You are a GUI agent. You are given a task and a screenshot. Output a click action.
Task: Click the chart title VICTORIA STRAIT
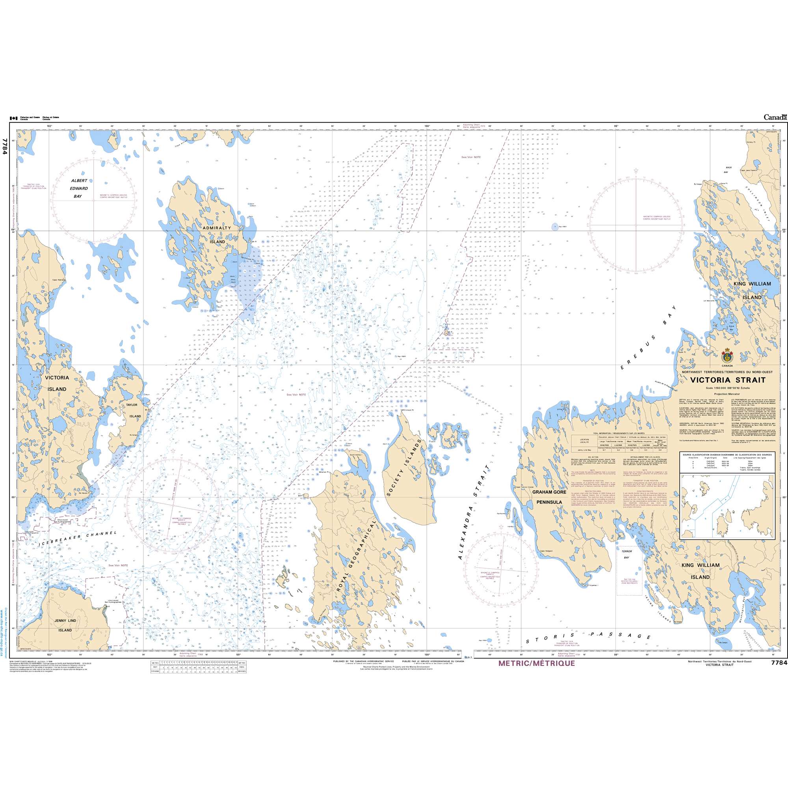pyautogui.click(x=728, y=380)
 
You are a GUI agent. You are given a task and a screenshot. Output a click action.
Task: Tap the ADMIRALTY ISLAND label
pyautogui.click(x=217, y=235)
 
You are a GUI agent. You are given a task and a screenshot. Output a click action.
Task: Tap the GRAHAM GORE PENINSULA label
pyautogui.click(x=549, y=497)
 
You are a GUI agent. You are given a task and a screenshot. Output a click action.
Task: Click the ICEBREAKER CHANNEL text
pyautogui.click(x=78, y=538)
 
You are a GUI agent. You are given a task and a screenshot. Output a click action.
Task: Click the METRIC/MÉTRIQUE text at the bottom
pyautogui.click(x=536, y=663)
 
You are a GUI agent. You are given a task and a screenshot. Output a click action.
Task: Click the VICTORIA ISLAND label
pyautogui.click(x=57, y=383)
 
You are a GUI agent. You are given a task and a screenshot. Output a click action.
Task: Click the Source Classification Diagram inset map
pyautogui.click(x=727, y=506)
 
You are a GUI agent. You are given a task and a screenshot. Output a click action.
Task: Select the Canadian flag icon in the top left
pyautogui.click(x=13, y=118)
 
